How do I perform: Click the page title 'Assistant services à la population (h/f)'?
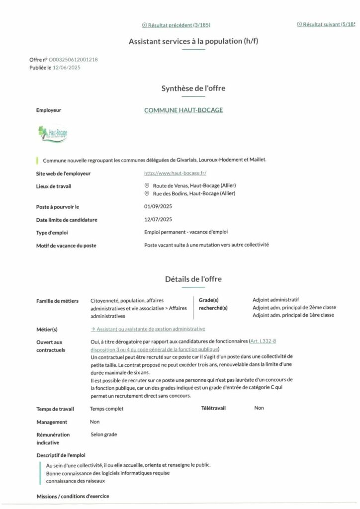click(193, 41)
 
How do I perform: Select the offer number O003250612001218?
click(74, 60)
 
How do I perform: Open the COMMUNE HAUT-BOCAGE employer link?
click(183, 110)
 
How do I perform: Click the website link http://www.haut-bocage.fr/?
click(175, 173)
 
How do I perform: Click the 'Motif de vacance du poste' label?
click(66, 246)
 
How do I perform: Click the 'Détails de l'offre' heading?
click(193, 279)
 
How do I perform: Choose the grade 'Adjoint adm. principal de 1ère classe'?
click(293, 315)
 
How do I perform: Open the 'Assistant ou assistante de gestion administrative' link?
click(148, 329)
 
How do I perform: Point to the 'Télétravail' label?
click(213, 408)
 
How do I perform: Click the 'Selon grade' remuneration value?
click(104, 434)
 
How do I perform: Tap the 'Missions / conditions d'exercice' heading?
click(73, 496)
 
